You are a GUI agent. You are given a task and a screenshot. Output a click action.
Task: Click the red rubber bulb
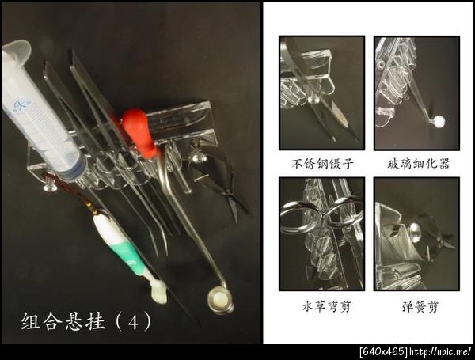[139, 132]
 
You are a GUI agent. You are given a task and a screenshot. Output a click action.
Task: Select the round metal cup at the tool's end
[221, 301]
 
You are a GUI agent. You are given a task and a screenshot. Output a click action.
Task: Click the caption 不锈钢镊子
[322, 164]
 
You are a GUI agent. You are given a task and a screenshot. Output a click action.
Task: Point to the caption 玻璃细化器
[419, 164]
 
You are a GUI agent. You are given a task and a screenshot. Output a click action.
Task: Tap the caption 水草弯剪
[327, 306]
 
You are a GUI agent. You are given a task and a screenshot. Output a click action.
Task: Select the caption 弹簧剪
[420, 307]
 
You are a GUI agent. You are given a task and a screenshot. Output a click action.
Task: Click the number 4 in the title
[133, 322]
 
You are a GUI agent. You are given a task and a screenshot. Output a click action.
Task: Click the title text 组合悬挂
[63, 321]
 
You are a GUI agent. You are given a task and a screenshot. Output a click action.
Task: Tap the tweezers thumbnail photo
[321, 93]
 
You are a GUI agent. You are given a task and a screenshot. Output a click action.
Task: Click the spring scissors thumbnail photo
[417, 234]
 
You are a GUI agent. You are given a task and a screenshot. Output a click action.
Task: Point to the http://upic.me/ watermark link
[440, 352]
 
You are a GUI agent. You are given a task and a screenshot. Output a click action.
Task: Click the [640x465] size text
[384, 352]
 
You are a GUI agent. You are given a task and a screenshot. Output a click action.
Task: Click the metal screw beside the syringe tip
[49, 187]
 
